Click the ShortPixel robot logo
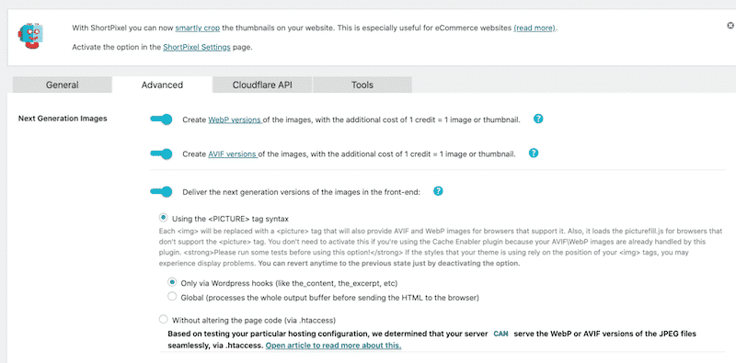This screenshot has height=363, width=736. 31,35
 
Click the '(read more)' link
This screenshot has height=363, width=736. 535,28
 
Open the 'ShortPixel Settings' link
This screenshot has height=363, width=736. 183,47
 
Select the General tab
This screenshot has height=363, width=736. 62,85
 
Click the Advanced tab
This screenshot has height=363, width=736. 162,85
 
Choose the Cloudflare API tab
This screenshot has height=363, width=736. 262,85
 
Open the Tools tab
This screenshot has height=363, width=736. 362,85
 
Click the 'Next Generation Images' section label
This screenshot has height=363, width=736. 63,119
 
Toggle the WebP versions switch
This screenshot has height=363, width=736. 162,119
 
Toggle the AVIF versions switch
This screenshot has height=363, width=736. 162,153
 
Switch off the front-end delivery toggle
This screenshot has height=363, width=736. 162,191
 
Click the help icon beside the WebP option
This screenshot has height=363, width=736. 538,119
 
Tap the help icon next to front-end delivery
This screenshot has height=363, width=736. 439,191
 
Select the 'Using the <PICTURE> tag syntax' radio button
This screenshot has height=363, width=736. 164,217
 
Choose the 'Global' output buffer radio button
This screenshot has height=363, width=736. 172,297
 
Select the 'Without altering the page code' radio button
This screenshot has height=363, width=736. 164,319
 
